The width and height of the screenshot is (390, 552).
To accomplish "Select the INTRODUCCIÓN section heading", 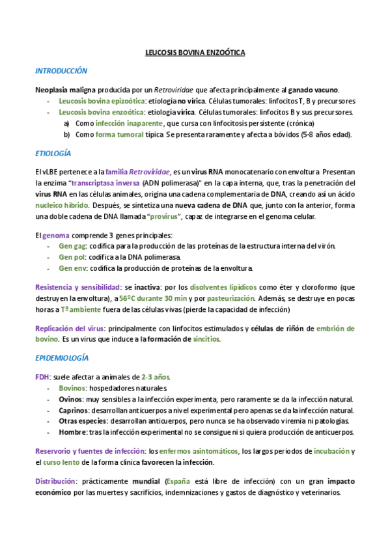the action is (61, 70).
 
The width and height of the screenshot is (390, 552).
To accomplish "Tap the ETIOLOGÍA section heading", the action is (53, 154).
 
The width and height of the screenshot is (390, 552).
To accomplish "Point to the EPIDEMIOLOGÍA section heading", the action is (63, 358).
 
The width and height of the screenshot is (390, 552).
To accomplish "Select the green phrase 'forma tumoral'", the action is (120, 135).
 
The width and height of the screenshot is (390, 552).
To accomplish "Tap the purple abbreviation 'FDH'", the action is (43, 377).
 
